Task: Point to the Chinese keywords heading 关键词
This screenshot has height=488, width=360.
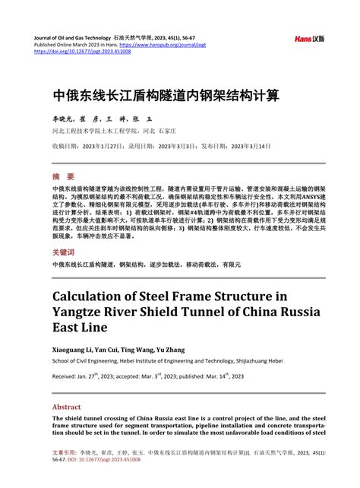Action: [63, 252]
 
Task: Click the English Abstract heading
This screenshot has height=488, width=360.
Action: [66, 407]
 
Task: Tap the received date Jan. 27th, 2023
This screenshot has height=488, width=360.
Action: [105, 376]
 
